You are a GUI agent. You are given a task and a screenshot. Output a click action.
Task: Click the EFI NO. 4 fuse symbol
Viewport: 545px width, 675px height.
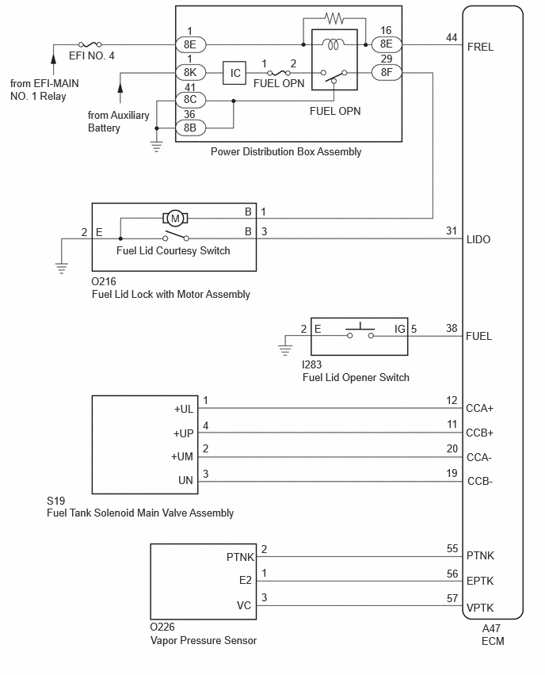coord(90,44)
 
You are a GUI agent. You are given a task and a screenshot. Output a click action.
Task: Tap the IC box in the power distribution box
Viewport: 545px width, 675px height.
coord(234,73)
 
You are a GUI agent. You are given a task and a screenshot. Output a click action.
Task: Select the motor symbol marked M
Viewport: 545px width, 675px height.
coord(175,218)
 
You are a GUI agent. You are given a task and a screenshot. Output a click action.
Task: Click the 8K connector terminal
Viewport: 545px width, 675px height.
coord(190,72)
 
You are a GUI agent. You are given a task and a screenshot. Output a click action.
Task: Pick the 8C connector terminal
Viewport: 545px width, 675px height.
coord(190,100)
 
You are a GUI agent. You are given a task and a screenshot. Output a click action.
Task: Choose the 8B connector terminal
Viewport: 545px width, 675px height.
coord(190,128)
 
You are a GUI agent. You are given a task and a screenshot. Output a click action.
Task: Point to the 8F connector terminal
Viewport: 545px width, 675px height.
coord(387,72)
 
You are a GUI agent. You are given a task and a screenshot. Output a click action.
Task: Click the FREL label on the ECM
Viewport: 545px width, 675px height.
coord(480,47)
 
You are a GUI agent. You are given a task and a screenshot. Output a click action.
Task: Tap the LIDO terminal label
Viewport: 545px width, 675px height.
coord(478,239)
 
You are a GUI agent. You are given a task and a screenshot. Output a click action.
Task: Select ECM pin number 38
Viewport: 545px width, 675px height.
coord(452,329)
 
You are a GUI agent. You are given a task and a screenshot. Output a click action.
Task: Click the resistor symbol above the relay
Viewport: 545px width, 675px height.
coord(334,18)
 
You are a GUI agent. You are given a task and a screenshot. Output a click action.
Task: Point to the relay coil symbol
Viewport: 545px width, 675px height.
coord(333,44)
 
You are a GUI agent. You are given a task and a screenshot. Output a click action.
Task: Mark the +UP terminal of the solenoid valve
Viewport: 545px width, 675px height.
coord(184,433)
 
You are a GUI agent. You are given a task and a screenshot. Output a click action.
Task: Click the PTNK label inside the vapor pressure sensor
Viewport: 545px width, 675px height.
coord(240,557)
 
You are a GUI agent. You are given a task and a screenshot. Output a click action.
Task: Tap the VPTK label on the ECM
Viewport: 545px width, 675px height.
coord(480,608)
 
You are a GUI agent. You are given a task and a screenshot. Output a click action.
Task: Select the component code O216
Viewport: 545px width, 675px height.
coord(104,281)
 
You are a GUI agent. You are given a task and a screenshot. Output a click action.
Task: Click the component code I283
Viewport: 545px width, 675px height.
coord(311,364)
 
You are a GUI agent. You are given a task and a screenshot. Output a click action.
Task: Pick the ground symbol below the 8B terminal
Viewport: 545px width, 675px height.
coord(156,147)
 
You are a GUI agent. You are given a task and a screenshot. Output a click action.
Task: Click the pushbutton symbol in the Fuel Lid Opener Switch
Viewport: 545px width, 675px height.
coord(360,330)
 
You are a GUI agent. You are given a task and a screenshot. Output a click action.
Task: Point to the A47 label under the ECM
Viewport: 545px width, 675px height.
coord(491,628)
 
